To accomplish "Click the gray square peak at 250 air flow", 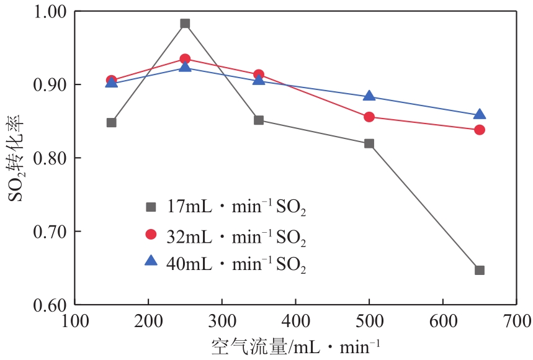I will pos(185,24).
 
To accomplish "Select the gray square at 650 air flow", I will pos(480,270).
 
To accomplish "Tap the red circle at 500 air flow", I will pos(369,117).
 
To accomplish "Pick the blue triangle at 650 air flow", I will pos(480,115).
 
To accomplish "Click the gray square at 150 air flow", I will pos(112,122).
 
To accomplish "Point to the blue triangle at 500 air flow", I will pos(369,96).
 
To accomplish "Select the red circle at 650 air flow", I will pos(480,130).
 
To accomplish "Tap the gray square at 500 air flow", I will pos(369,143).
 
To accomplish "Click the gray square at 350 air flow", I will pos(259,120).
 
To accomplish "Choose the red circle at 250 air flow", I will pos(185,59).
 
